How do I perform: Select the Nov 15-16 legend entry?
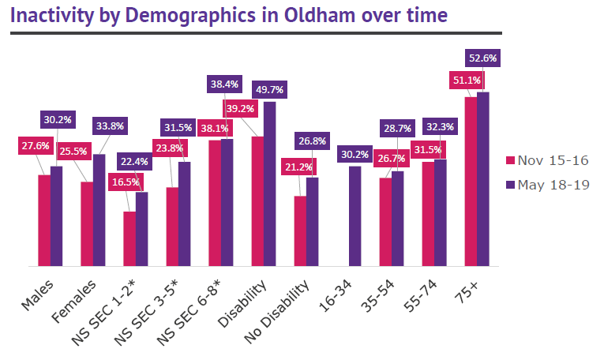point(546,161)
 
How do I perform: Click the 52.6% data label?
point(482,58)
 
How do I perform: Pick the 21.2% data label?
point(300,167)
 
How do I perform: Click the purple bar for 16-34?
point(355,216)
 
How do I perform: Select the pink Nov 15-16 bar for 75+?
point(470,182)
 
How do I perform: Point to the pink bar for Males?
point(44,220)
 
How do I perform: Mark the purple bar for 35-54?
point(397,219)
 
